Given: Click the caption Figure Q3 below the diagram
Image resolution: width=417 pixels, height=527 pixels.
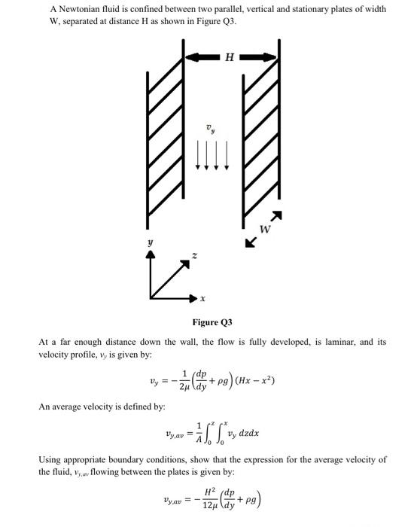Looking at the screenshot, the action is (x=212, y=322).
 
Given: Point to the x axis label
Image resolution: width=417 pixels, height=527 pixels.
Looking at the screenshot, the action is (x=202, y=299).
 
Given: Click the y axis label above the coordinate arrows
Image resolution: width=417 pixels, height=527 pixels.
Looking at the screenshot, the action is (x=151, y=242).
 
